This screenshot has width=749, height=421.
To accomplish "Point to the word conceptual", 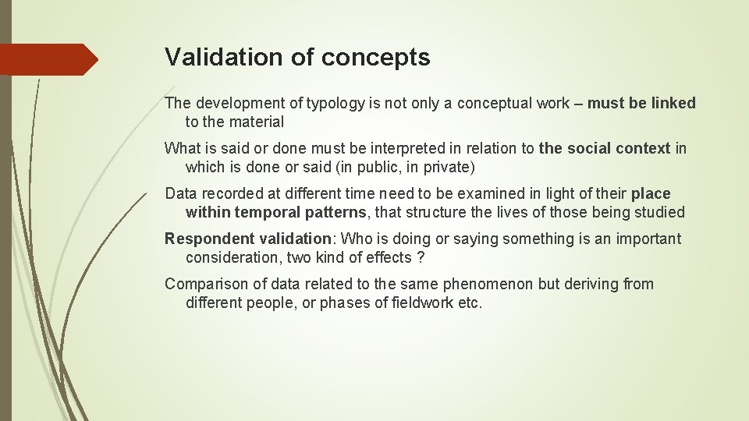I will click(x=495, y=104).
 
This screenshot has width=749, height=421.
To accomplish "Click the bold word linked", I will click(x=673, y=104).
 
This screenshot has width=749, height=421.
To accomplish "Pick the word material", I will click(x=259, y=122).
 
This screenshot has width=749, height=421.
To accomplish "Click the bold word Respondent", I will click(x=204, y=239).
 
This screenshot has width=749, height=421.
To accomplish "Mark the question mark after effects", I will click(x=421, y=257).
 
